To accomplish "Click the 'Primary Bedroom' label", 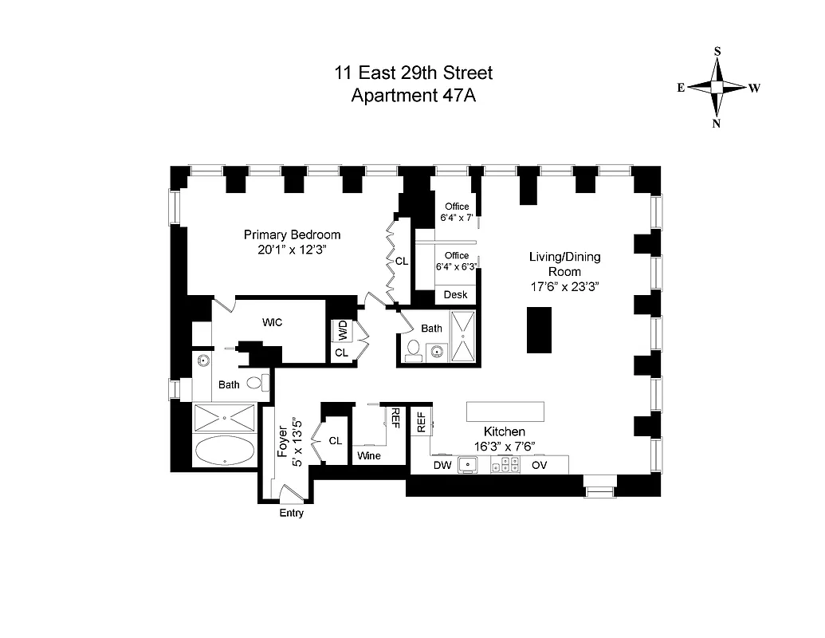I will [x=292, y=234].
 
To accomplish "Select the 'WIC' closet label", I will [x=273, y=322].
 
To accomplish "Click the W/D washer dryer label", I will [x=341, y=329].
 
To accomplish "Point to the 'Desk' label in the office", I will [x=455, y=294].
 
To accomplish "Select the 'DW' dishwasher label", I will [x=442, y=465].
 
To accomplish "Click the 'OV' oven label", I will [x=540, y=465].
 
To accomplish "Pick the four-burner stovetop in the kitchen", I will [x=504, y=466].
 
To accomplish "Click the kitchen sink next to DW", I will [x=467, y=466].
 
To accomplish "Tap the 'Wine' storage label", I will [x=369, y=456].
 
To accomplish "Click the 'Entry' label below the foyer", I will [x=292, y=514].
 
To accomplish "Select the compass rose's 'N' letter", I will [x=717, y=123].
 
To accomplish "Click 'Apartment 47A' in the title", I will [x=413, y=95].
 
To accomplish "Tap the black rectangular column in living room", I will [x=539, y=329].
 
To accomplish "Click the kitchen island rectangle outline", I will [x=505, y=410].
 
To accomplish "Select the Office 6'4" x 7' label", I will [x=457, y=211].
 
